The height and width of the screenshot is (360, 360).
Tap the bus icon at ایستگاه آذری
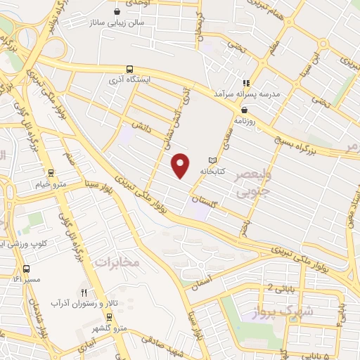[129, 69]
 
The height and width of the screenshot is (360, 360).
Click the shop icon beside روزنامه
[244, 110]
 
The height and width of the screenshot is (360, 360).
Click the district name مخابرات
[117, 262]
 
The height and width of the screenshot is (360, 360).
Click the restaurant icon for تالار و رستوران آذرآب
[84, 292]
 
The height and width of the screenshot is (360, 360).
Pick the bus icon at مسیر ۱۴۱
[26, 269]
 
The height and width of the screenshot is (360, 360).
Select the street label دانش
[146, 127]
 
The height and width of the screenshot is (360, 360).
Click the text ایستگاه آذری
[149, 80]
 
